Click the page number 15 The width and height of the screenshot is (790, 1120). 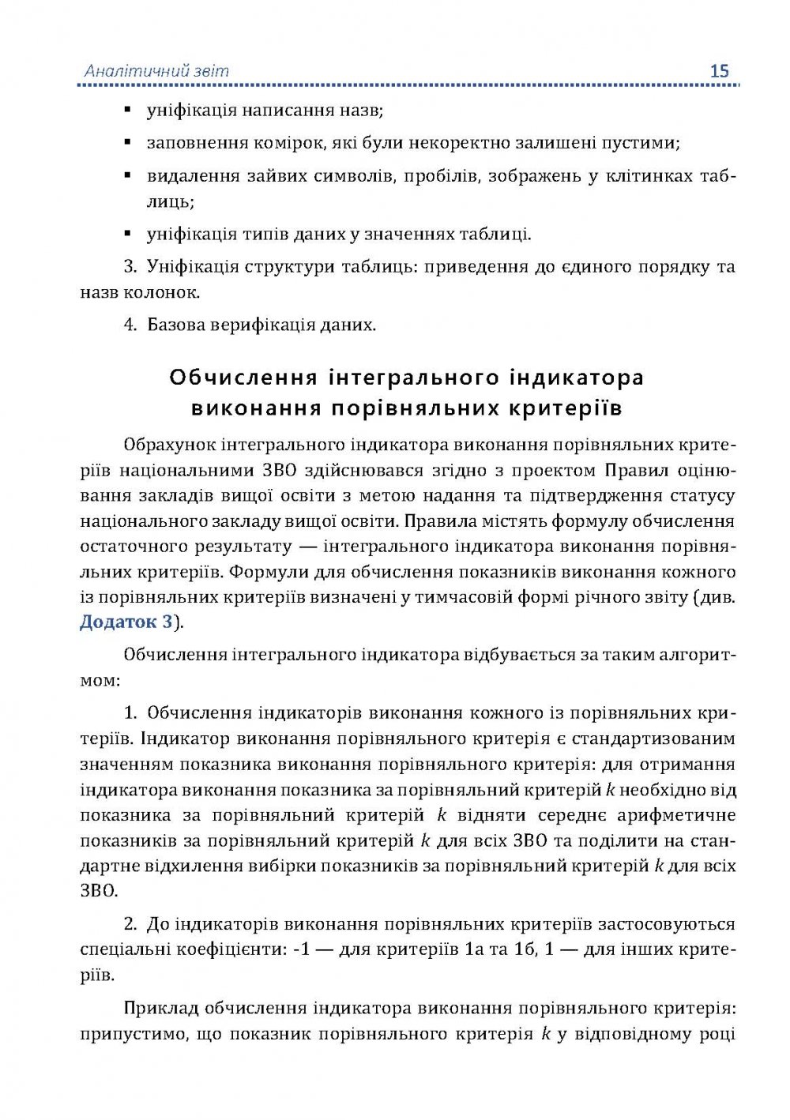719,71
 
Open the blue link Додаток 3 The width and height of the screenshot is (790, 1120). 126,622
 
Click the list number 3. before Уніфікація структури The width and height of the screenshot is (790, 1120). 130,266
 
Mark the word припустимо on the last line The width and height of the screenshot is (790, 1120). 131,1034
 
